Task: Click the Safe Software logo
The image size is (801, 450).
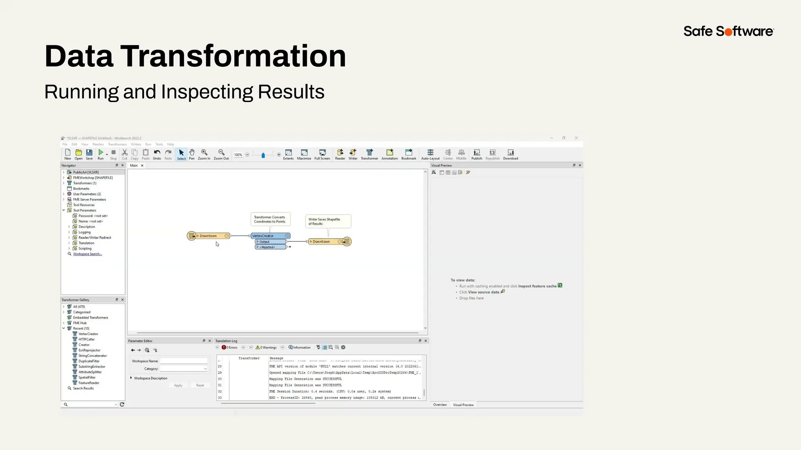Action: [x=728, y=31]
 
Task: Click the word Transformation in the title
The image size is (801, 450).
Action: [x=233, y=56]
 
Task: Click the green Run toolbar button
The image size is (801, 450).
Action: [x=101, y=154]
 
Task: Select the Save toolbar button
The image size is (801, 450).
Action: [x=89, y=154]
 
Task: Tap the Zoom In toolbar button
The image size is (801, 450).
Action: [x=204, y=154]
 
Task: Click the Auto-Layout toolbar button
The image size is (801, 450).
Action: [x=430, y=154]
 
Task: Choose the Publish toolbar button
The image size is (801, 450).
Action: [x=476, y=154]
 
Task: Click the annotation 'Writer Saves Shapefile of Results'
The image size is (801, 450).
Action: [x=327, y=221]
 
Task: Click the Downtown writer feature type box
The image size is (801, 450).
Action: [x=323, y=242]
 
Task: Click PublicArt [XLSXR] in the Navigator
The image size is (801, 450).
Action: [x=86, y=172]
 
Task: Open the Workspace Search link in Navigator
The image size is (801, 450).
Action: [x=87, y=254]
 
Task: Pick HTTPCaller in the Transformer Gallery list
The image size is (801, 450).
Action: [x=86, y=339]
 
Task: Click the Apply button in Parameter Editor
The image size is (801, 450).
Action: [x=178, y=386]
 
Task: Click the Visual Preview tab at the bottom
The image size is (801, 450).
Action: [x=463, y=405]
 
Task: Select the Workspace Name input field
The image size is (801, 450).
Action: [x=183, y=361]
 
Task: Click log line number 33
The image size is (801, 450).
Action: [x=220, y=398]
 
